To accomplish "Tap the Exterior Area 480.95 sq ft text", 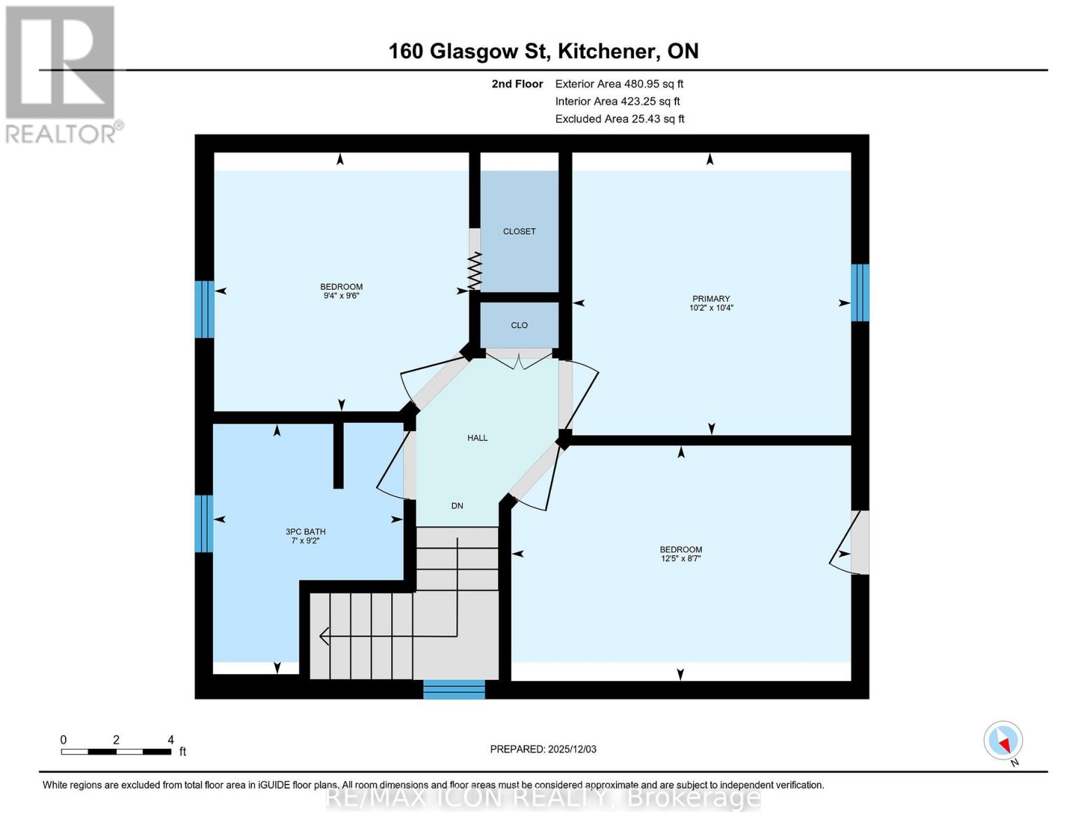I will (619, 83).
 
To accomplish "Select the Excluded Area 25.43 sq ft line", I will (619, 119).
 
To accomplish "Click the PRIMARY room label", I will (710, 299).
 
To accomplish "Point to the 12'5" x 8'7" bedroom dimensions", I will (680, 559).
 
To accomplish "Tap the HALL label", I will (477, 437).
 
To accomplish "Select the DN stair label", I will (457, 505).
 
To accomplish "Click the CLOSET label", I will (519, 231).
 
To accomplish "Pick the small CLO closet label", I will (519, 325).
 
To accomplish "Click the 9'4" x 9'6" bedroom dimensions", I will (341, 296).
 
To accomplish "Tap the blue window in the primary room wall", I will (860, 293).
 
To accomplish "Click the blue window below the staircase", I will (454, 689).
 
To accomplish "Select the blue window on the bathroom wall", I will (204, 523).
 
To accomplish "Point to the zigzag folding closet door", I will (475, 272).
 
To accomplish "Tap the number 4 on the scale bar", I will (171, 740).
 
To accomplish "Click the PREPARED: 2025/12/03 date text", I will (543, 749).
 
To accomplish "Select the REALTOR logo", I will (61, 73).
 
